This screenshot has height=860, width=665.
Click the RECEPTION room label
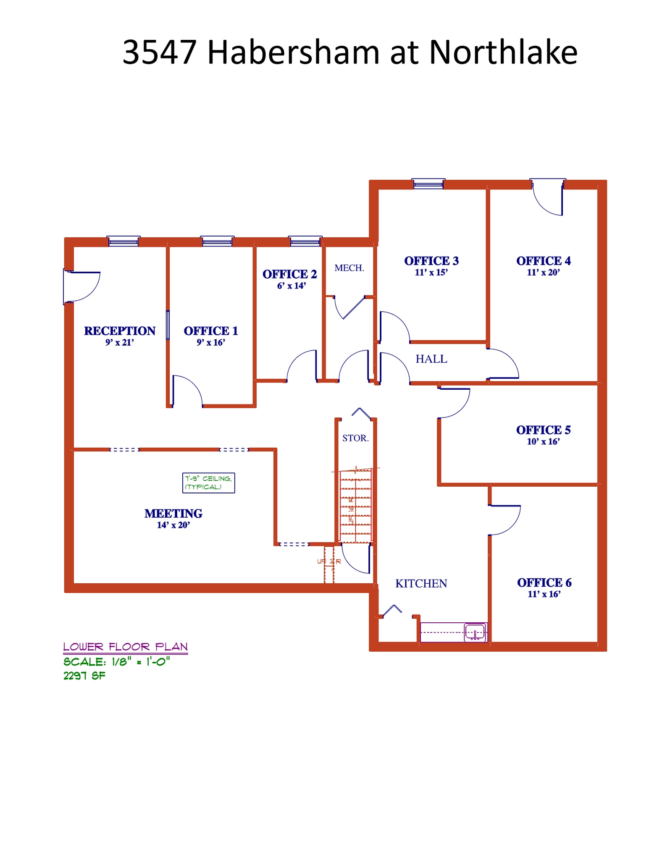click(120, 331)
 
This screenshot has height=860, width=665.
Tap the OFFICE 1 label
click(211, 331)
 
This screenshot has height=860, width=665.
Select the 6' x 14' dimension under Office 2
click(291, 286)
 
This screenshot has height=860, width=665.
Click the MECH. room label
click(349, 268)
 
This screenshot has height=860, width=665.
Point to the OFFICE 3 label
click(431, 261)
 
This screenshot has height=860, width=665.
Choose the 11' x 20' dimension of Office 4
click(543, 273)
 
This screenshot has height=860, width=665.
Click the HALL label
click(431, 359)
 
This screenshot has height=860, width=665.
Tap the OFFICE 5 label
click(543, 430)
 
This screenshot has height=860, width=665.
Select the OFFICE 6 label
click(544, 582)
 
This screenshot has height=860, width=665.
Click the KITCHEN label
click(421, 584)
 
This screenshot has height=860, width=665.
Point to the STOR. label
click(355, 438)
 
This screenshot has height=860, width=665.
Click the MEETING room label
click(173, 514)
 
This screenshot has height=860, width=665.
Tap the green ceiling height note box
click(208, 483)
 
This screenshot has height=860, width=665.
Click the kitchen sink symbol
click(475, 632)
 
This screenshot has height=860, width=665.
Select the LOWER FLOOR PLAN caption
click(125, 647)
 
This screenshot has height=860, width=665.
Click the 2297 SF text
click(84, 676)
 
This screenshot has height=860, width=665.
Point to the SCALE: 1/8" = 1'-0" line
click(116, 662)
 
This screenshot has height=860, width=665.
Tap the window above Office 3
click(428, 184)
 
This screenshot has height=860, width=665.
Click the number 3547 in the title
click(159, 52)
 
